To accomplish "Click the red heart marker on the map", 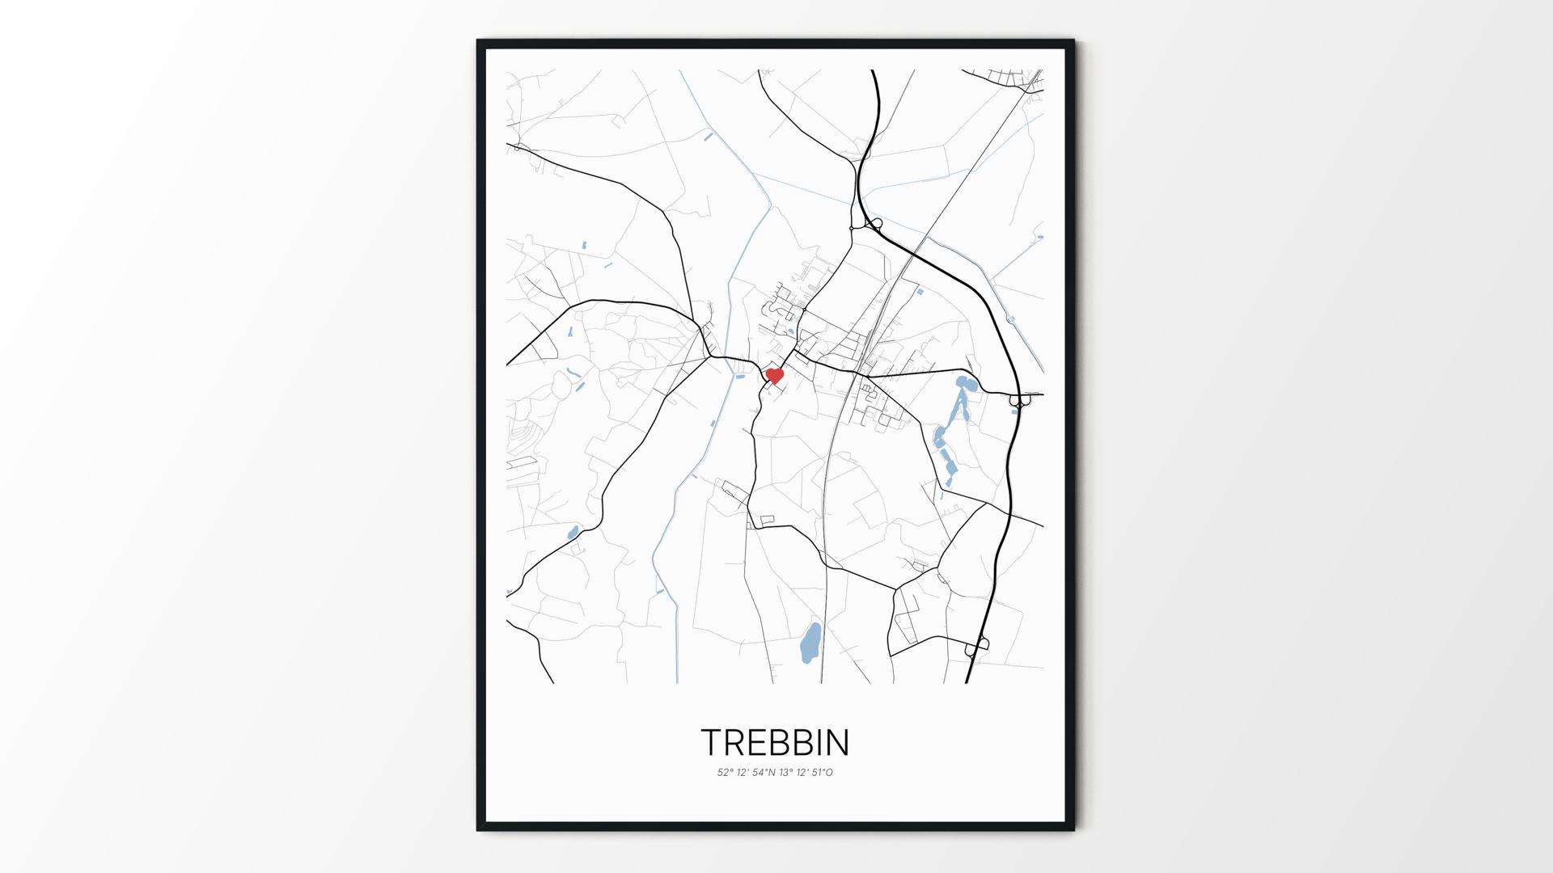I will (775, 376).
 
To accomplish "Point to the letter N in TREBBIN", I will (839, 742).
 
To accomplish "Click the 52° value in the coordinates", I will (725, 773).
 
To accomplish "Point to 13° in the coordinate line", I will (785, 773).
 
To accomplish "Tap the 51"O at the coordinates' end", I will (823, 773).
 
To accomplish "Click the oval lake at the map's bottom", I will (810, 643).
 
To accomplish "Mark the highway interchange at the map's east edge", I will (1020, 398).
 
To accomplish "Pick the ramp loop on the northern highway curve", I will (874, 224).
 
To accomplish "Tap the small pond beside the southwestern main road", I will (573, 532).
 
